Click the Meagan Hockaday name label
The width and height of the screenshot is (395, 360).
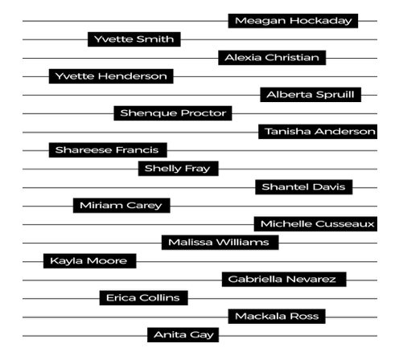pyautogui.click(x=293, y=21)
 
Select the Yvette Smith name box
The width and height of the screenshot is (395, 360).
pyautogui.click(x=134, y=39)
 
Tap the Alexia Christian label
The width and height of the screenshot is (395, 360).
pyautogui.click(x=272, y=58)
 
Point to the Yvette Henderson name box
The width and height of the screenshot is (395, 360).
pyautogui.click(x=111, y=76)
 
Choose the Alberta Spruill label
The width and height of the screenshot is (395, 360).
pyautogui.click(x=311, y=95)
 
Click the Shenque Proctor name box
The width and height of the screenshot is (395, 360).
pyautogui.click(x=173, y=113)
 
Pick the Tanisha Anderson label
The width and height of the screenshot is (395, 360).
pyautogui.click(x=318, y=132)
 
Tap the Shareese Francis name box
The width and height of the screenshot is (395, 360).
pyautogui.click(x=108, y=150)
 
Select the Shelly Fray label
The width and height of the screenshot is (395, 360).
pyautogui.click(x=179, y=169)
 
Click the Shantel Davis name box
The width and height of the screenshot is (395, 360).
pyautogui.click(x=304, y=187)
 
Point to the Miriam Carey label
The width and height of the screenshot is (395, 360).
pyautogui.click(x=121, y=206)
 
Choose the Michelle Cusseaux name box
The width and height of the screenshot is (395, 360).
pyautogui.click(x=315, y=224)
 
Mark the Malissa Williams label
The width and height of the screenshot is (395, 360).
pyautogui.click(x=220, y=243)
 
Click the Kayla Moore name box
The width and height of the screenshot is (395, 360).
pyautogui.click(x=90, y=261)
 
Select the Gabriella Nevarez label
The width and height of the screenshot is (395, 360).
pyautogui.click(x=284, y=280)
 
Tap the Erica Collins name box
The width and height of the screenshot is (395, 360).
pyautogui.click(x=143, y=298)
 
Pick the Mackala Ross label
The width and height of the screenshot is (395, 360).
pyautogui.click(x=277, y=317)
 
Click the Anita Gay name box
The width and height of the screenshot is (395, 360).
pyautogui.click(x=183, y=335)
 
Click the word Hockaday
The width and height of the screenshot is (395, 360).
pyautogui.click(x=321, y=21)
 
